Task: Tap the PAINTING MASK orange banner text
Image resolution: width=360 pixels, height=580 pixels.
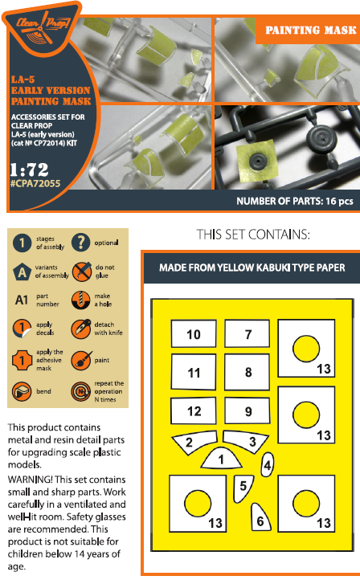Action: (x=311, y=31)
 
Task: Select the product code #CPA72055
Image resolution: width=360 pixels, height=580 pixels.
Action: (x=35, y=183)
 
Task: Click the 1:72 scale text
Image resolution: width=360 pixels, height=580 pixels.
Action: (x=29, y=170)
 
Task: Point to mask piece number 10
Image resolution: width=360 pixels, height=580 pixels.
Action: (x=194, y=333)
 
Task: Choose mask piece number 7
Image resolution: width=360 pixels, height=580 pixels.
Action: (x=247, y=333)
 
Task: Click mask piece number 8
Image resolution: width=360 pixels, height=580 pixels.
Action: (x=247, y=372)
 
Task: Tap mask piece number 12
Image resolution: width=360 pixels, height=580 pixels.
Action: (x=194, y=411)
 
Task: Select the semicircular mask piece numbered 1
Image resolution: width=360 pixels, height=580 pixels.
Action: (x=221, y=458)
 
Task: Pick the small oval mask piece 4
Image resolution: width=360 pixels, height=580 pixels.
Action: (x=268, y=464)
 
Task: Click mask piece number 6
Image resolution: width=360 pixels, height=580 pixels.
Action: (x=260, y=517)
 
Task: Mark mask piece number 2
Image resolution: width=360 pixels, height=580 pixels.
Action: (x=194, y=442)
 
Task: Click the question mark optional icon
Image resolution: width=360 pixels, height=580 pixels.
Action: (x=80, y=243)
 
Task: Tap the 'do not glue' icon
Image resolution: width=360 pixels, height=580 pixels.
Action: (x=81, y=272)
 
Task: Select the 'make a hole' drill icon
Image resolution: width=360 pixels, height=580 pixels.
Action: (x=80, y=300)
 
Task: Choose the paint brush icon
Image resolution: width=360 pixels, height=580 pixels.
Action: (x=81, y=360)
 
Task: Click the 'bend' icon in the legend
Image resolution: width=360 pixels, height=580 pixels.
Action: (x=22, y=392)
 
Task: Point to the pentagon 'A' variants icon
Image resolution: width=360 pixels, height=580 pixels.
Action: (x=22, y=272)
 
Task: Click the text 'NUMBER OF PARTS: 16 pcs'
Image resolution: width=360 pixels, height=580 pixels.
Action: (x=295, y=201)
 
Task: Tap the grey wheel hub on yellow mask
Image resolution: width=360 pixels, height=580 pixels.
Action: (x=257, y=161)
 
